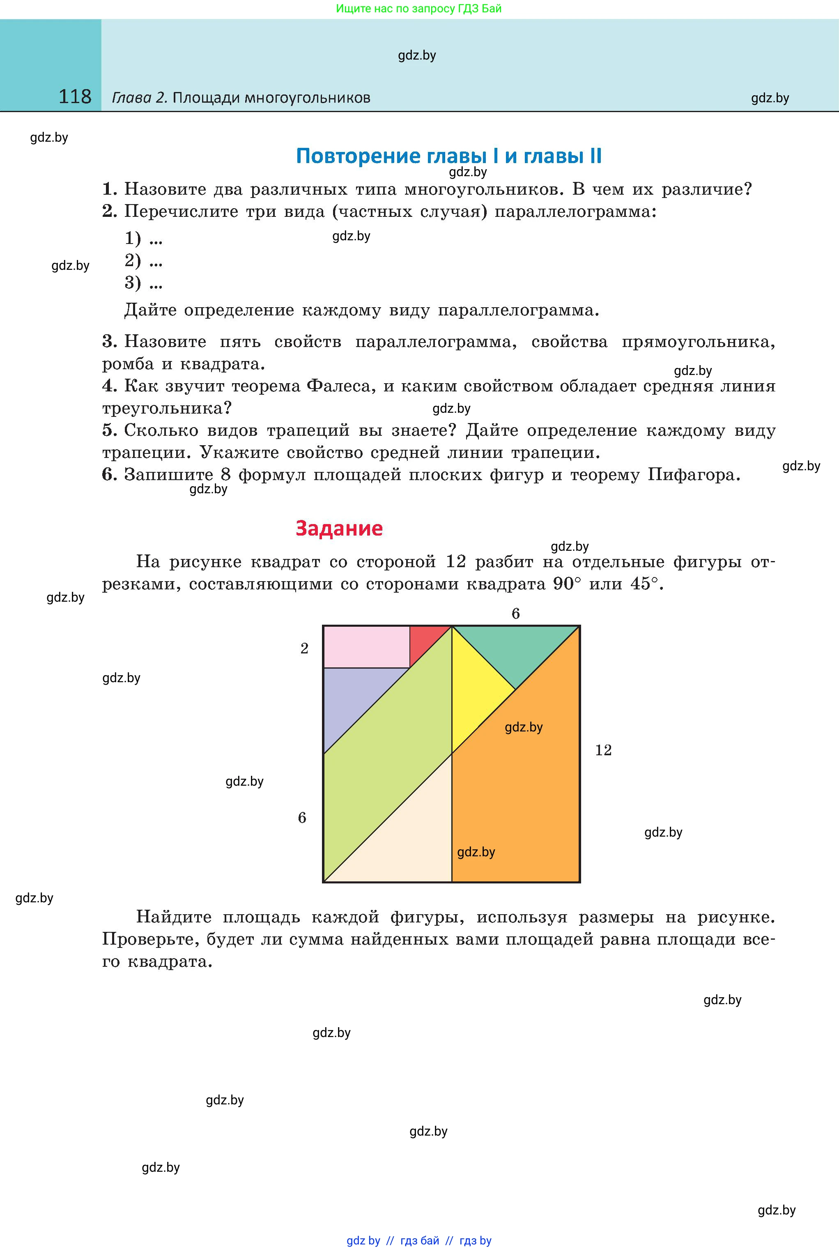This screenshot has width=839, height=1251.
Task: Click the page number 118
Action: pos(75,97)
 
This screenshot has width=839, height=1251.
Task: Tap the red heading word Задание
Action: pos(339,528)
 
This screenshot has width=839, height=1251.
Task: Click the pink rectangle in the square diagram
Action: pos(366,647)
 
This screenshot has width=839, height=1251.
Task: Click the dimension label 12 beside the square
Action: pos(603,750)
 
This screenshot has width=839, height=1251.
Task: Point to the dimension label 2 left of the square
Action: pos(304,648)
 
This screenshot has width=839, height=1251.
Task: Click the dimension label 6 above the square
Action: pos(515,614)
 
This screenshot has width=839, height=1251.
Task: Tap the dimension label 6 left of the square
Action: pos(302,818)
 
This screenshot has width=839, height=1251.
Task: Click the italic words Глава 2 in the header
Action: pos(139,97)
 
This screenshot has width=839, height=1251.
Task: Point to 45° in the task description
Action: pos(645,584)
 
